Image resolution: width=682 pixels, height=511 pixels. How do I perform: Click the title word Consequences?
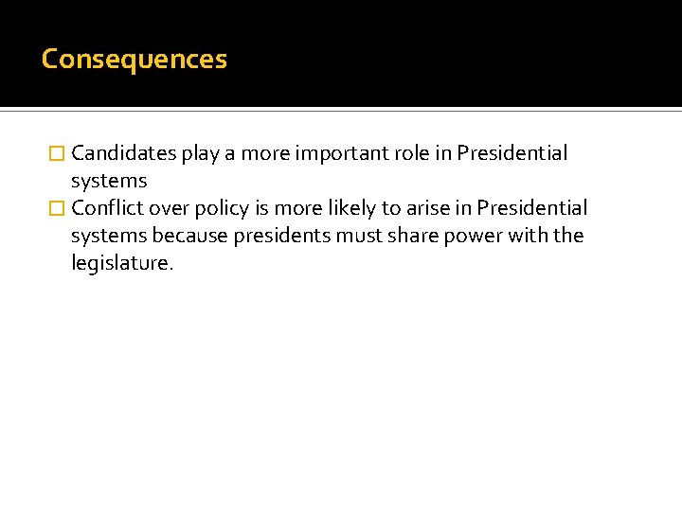pos(135,60)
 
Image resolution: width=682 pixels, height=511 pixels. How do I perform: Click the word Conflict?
pos(106,208)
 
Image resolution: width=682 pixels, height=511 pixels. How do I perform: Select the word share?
pos(410,236)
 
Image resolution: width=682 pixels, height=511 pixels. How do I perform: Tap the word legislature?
pos(122,263)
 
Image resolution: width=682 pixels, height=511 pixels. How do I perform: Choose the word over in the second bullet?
pos(167,208)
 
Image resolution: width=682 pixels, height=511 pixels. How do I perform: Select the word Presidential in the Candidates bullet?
pos(512,153)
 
